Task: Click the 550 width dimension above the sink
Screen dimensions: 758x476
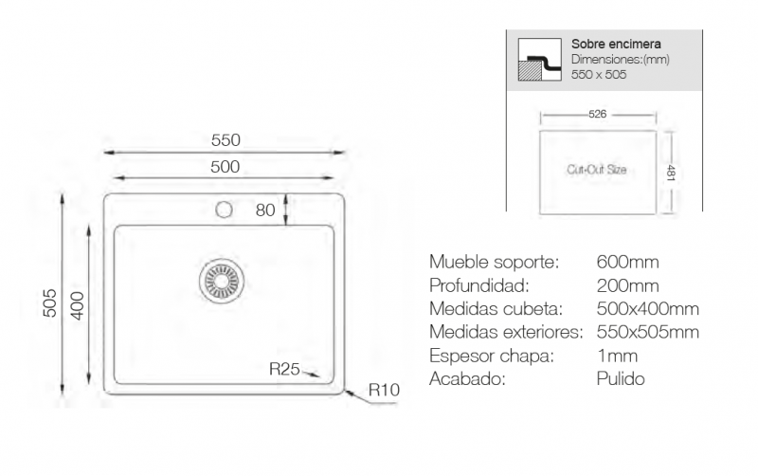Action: [226, 140]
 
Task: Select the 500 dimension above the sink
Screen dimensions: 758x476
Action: [226, 167]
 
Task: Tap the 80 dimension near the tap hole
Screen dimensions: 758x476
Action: [265, 210]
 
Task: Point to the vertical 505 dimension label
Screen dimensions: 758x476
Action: [50, 303]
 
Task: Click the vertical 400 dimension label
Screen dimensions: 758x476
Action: [78, 305]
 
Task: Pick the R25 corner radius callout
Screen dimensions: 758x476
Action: [285, 369]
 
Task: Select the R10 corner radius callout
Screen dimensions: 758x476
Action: [385, 390]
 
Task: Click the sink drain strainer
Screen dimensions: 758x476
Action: [222, 282]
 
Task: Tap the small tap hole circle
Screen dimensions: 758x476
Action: [224, 210]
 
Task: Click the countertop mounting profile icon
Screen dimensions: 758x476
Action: [539, 60]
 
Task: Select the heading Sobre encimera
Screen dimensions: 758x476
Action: [616, 44]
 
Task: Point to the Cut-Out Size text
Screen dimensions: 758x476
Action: [597, 170]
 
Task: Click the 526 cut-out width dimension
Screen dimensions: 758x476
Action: [598, 114]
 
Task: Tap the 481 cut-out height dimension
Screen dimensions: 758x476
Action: [671, 173]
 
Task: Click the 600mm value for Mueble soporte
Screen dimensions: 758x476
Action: [627, 263]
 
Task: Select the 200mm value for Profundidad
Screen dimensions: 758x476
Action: [627, 286]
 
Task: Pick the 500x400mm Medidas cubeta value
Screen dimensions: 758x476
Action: [648, 308]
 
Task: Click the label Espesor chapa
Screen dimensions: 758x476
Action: [491, 356]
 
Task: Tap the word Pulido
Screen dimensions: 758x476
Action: [621, 378]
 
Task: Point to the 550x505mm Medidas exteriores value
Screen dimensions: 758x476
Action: [648, 332]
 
